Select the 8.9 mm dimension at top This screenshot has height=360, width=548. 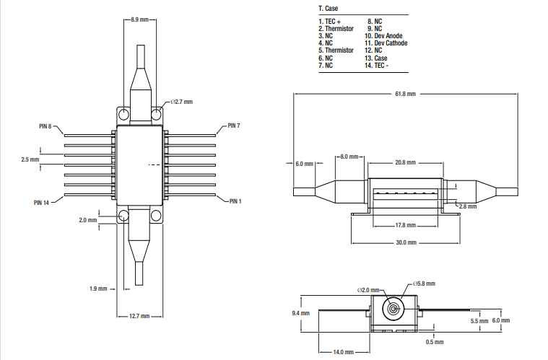coord(141,20)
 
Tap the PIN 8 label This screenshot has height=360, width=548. coord(45,126)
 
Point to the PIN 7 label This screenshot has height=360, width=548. coord(233,126)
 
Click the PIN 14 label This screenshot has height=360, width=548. coord(42,202)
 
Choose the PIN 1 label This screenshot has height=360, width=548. coord(235,201)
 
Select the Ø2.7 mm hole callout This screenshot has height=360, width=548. coord(181,102)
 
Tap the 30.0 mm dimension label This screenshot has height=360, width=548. coord(405,242)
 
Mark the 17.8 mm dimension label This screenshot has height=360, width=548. coord(405,225)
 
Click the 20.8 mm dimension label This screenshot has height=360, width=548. coord(405,163)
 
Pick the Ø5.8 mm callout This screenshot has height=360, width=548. coord(423,283)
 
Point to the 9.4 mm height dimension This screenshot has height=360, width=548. coord(300,313)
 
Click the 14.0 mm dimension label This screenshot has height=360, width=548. coord(344,351)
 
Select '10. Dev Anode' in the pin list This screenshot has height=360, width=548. coord(384,35)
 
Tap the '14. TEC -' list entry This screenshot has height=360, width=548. coord(377,65)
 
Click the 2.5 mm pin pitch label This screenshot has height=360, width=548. coord(30,159)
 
